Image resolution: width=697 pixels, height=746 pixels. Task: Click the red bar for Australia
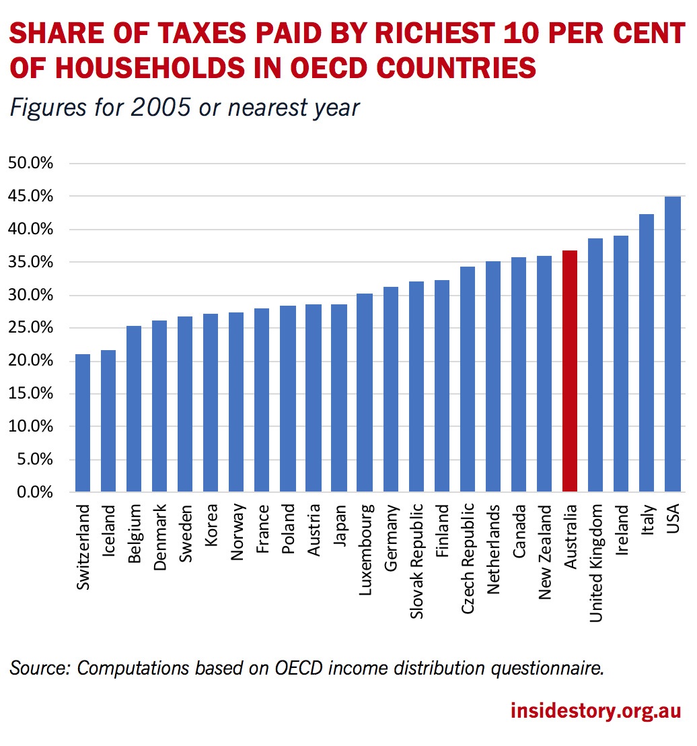click(570, 371)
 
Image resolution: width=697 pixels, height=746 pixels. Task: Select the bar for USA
click(672, 344)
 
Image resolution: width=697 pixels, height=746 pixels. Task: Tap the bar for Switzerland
click(83, 423)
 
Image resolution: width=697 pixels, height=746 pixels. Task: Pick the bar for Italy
click(647, 353)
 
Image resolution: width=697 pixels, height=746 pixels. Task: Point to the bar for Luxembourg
click(365, 393)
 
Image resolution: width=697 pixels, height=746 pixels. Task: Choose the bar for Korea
click(211, 403)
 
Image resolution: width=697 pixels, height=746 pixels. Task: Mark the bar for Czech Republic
click(468, 379)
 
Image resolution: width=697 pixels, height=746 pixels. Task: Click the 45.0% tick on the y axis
click(30, 197)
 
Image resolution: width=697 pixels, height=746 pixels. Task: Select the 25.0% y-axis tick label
click(30, 329)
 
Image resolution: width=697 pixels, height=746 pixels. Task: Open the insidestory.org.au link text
click(596, 711)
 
